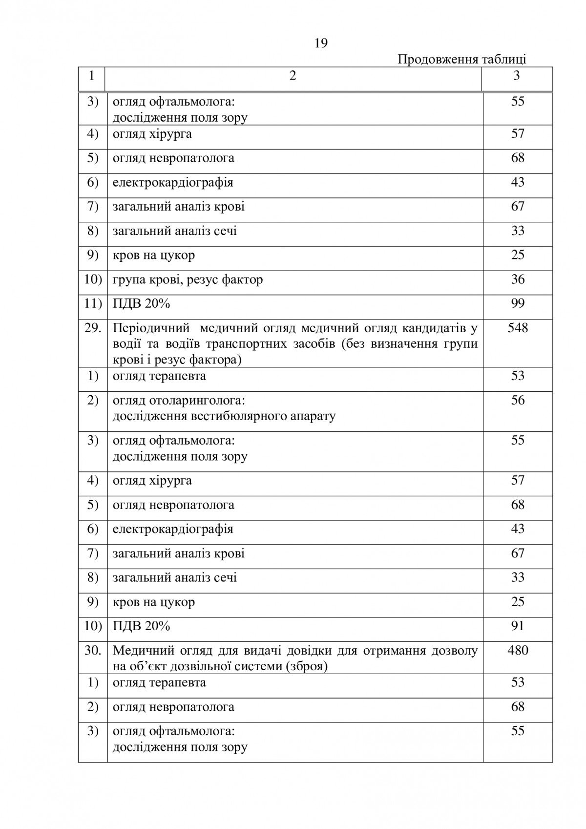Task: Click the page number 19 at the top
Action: [321, 43]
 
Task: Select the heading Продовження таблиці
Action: [461, 60]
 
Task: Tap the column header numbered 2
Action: [293, 76]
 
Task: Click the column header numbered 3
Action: [517, 76]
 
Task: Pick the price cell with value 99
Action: [518, 303]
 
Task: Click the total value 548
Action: [518, 328]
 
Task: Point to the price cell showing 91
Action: [518, 626]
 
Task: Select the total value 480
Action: [518, 650]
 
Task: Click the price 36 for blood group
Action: [518, 279]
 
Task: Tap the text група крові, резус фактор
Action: [188, 280]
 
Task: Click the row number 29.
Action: [93, 328]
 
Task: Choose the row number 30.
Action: [93, 650]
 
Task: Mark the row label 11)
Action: [93, 304]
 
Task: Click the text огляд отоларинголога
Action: [179, 401]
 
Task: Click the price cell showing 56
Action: [518, 401]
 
